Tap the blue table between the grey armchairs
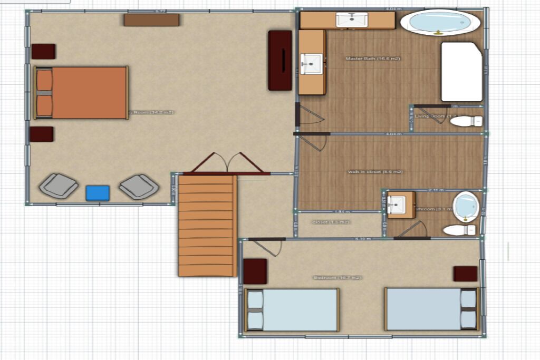click(x=97, y=193)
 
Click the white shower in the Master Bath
click(x=462, y=72)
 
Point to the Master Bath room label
click(x=372, y=59)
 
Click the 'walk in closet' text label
click(x=375, y=172)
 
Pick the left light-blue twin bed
click(x=292, y=310)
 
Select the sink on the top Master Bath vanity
click(x=352, y=20)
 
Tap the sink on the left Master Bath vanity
click(x=311, y=63)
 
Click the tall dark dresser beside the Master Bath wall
click(x=279, y=60)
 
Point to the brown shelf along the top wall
click(x=151, y=20)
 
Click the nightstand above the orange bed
click(x=43, y=51)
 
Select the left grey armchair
click(x=59, y=185)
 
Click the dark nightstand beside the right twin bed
click(x=465, y=274)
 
